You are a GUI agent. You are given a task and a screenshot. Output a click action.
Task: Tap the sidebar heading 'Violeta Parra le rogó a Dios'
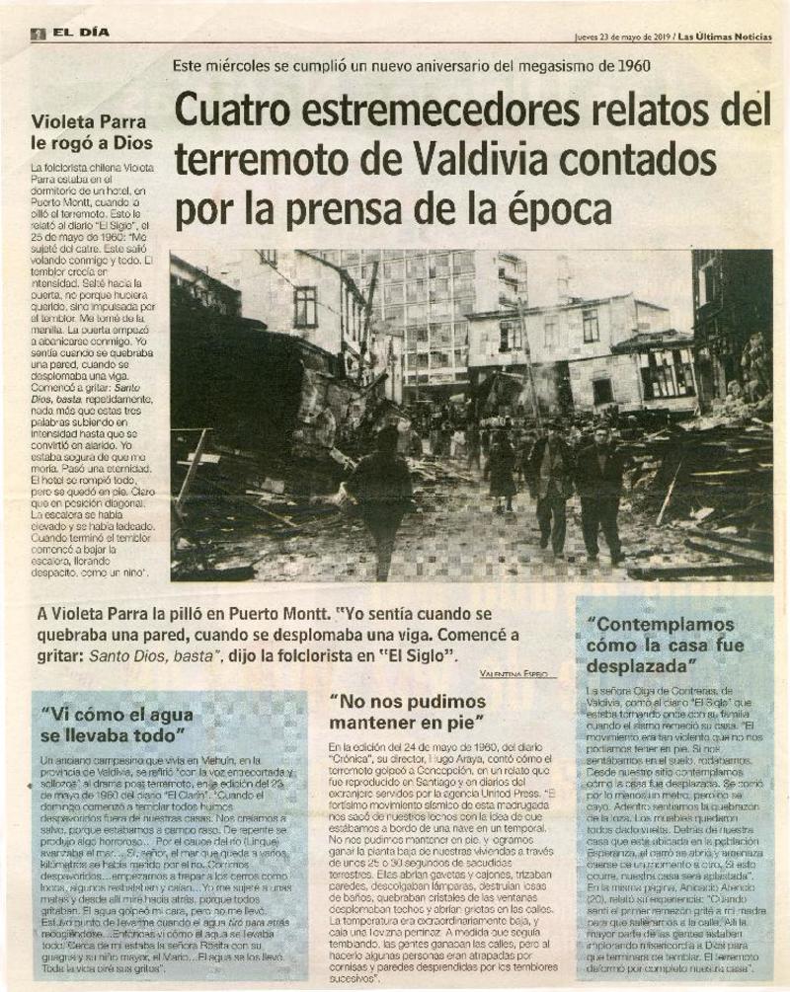tap(92, 133)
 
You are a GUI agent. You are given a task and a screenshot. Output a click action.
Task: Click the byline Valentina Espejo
tap(513, 672)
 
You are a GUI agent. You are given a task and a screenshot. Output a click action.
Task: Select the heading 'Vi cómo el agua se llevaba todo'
tap(113, 725)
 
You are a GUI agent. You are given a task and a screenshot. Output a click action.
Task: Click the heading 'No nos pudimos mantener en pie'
tap(408, 712)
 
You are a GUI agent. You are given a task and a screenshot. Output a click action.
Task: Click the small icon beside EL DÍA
tap(39, 33)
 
